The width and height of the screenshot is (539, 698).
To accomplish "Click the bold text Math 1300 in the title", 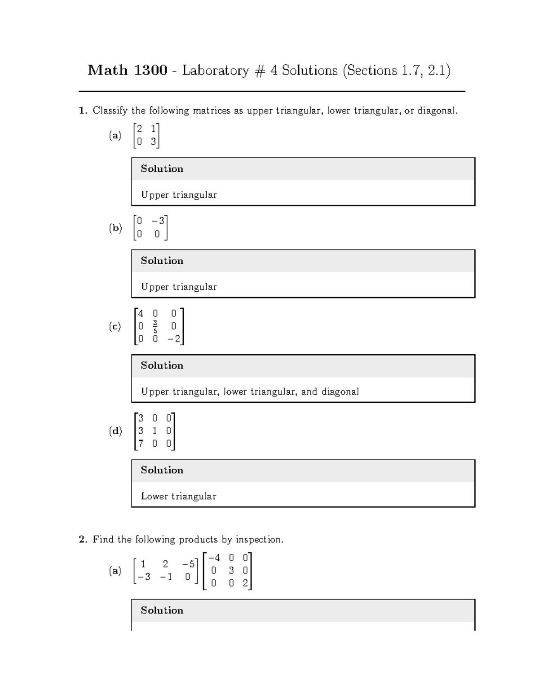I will click(127, 70).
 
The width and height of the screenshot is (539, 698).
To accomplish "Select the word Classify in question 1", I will click(110, 111).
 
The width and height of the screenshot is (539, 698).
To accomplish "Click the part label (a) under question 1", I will click(115, 135).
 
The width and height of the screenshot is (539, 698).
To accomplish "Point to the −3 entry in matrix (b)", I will click(159, 221).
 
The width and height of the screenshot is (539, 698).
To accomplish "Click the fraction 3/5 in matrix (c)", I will click(155, 326).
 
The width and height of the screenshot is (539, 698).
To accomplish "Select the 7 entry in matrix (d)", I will click(141, 444).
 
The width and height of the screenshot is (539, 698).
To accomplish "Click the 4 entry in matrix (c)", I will click(141, 313).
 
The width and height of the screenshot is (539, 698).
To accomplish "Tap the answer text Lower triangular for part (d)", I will click(178, 496).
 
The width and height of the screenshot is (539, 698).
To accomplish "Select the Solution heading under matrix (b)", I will click(162, 261).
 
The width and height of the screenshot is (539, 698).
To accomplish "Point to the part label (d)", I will click(115, 431).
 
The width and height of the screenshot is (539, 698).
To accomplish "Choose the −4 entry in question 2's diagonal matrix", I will click(214, 558).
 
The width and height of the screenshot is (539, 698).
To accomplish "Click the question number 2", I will click(81, 539).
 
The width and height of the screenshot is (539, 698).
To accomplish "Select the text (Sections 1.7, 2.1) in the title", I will click(396, 71).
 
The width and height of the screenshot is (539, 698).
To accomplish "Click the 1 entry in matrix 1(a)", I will click(153, 129).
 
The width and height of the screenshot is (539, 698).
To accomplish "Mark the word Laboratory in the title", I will click(215, 71).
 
